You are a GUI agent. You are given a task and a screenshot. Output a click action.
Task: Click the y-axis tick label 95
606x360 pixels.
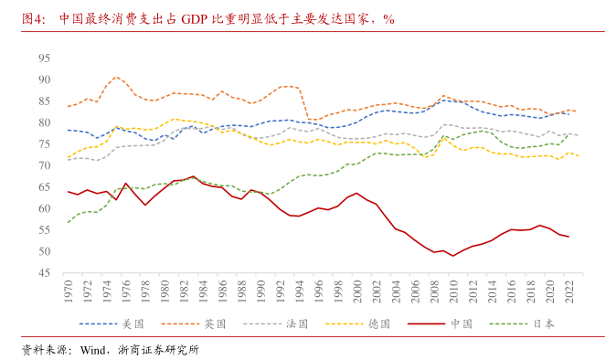[43, 58]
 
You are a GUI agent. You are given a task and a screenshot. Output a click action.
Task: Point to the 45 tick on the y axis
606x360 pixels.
[43, 273]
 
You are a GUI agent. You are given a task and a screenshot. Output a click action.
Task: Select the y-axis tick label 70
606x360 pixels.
[43, 165]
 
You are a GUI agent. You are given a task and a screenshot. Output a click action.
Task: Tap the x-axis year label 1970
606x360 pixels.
[68, 291]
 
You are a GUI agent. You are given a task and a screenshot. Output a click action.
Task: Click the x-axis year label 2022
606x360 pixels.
[569, 291]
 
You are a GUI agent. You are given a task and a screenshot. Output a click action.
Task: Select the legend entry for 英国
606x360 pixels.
[211, 323]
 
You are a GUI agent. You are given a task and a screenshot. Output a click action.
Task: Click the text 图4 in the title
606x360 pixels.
[34, 18]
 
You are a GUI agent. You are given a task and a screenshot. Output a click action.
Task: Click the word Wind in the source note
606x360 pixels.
[95, 349]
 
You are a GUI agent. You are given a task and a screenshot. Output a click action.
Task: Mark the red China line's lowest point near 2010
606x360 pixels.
[453, 256]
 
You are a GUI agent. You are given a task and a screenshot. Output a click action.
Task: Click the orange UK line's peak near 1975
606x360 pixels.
[116, 78]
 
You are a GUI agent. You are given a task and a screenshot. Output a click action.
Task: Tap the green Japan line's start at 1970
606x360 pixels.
[68, 222]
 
